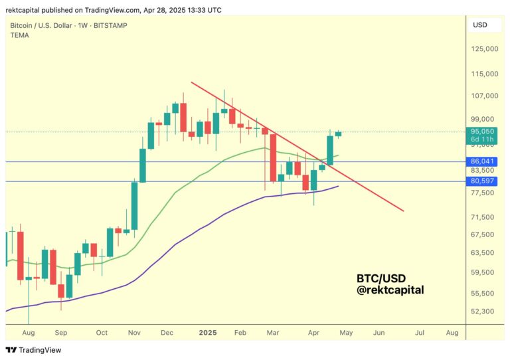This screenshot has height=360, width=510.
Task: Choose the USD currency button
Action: (480, 25)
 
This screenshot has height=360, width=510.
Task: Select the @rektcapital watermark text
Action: (390, 290)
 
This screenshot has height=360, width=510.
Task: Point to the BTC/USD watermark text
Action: (381, 278)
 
